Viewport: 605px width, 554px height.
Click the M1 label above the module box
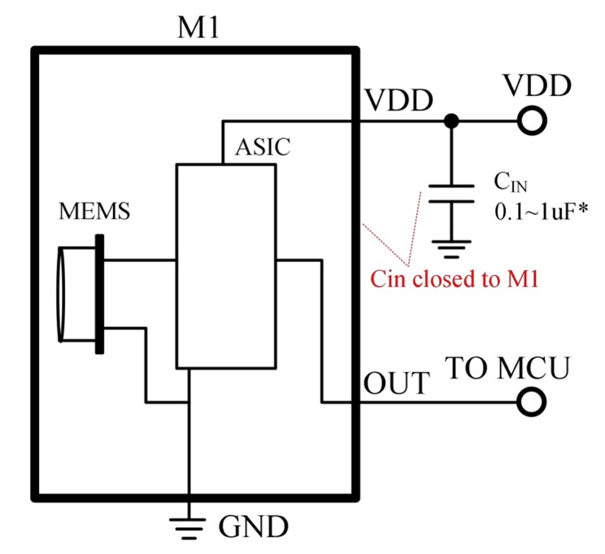(198, 29)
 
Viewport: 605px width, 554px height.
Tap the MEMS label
(95, 213)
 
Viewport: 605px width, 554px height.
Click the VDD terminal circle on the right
(532, 122)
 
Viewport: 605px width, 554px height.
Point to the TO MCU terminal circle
(532, 401)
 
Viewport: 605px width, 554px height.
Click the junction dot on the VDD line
(450, 122)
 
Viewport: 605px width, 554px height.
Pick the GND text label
(253, 528)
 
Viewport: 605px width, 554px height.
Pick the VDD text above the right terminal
(537, 85)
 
